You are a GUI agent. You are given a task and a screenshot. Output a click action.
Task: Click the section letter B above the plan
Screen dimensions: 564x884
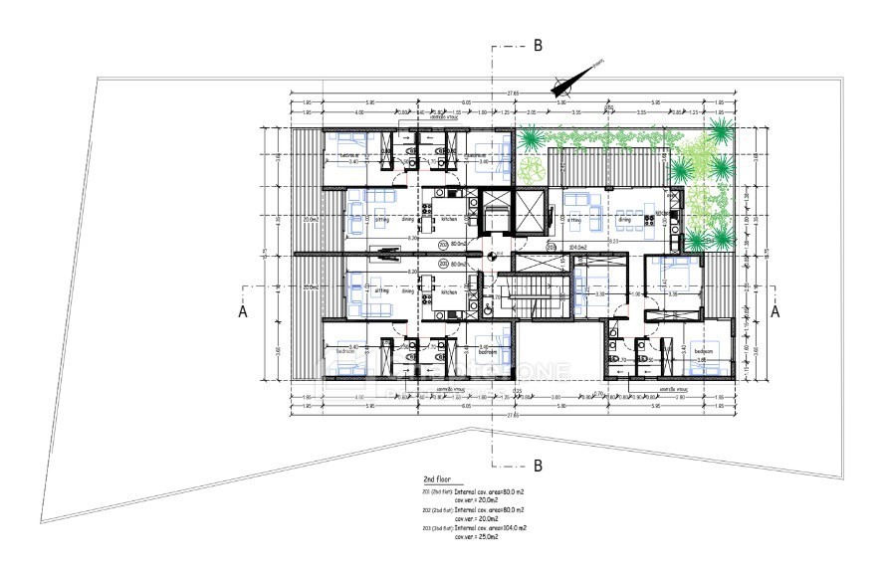(x=538, y=45)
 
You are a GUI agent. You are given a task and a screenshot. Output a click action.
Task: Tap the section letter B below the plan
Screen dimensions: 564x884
(x=538, y=465)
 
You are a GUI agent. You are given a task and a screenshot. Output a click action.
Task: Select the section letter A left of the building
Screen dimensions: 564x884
(x=241, y=310)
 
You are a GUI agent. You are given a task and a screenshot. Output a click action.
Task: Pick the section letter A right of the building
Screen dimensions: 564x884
(x=775, y=310)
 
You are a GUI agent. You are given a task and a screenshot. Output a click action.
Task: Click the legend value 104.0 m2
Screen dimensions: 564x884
(x=513, y=527)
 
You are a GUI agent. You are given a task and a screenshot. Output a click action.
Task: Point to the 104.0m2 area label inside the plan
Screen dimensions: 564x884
(x=578, y=246)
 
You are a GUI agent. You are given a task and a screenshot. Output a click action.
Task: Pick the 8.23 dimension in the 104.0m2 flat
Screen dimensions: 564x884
(x=614, y=241)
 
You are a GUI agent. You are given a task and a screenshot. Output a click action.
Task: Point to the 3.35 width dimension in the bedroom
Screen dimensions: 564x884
(x=675, y=294)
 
